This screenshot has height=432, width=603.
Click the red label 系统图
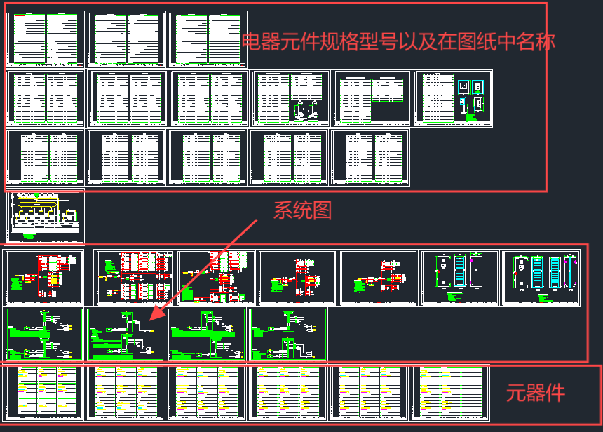coord(302,210)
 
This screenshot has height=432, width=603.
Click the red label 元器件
coord(536,393)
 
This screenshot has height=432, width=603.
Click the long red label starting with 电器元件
coord(398,42)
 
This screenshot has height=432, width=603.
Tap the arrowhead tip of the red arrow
coord(148,320)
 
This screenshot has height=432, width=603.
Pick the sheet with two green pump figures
coord(291,98)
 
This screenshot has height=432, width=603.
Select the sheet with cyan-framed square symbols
coord(453,98)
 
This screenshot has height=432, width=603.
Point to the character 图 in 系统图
coord(321,210)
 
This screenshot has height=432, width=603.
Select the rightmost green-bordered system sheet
coord(288,334)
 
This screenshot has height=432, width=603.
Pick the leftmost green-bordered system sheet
coord(44,334)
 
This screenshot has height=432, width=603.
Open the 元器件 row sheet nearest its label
coord(449,392)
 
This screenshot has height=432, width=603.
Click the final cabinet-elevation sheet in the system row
coord(541,278)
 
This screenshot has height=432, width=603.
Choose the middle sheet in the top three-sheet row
coord(126,39)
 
